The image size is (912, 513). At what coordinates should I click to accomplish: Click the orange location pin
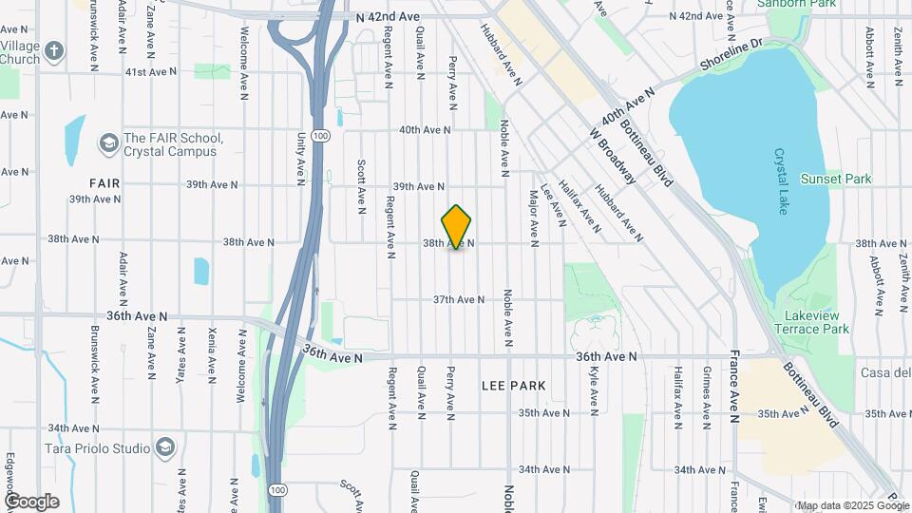click(x=457, y=226)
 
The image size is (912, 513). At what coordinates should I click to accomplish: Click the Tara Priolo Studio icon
click(x=166, y=447)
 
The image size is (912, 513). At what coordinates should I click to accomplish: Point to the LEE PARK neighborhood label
click(x=513, y=386)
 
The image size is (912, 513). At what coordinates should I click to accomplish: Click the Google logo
click(x=31, y=501)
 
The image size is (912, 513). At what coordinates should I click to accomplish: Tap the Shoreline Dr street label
click(x=731, y=56)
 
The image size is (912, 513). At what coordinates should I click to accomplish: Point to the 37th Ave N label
click(x=459, y=299)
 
